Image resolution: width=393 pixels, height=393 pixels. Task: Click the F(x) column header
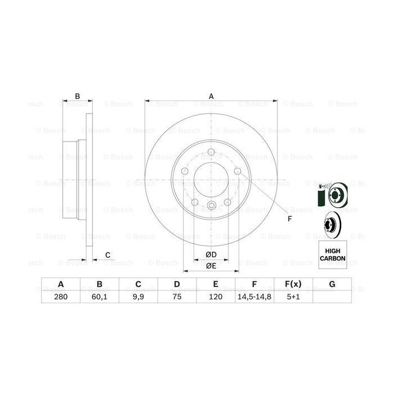click(x=294, y=285)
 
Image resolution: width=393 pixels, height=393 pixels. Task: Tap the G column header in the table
click(x=332, y=285)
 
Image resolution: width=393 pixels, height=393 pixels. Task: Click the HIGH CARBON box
click(x=332, y=254)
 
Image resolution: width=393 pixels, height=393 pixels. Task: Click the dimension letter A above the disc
click(x=212, y=95)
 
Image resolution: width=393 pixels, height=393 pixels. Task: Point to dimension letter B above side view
click(x=78, y=95)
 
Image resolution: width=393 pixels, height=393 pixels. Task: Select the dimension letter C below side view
click(x=107, y=255)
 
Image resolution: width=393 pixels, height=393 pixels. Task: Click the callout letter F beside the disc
click(x=289, y=219)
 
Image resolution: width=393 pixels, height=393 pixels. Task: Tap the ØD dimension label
click(x=211, y=255)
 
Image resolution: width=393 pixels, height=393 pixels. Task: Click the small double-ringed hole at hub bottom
click(x=211, y=205)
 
